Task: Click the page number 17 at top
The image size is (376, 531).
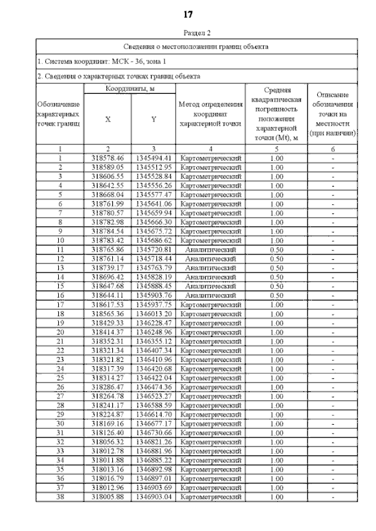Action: (188, 14)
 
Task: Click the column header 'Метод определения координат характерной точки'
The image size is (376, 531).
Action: (210, 114)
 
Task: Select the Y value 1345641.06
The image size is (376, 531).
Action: (153, 204)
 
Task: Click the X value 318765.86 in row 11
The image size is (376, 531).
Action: (108, 249)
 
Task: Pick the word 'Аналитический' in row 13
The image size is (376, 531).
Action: (210, 268)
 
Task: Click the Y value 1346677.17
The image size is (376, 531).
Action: (153, 423)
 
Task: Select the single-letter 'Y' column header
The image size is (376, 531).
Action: (153, 119)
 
